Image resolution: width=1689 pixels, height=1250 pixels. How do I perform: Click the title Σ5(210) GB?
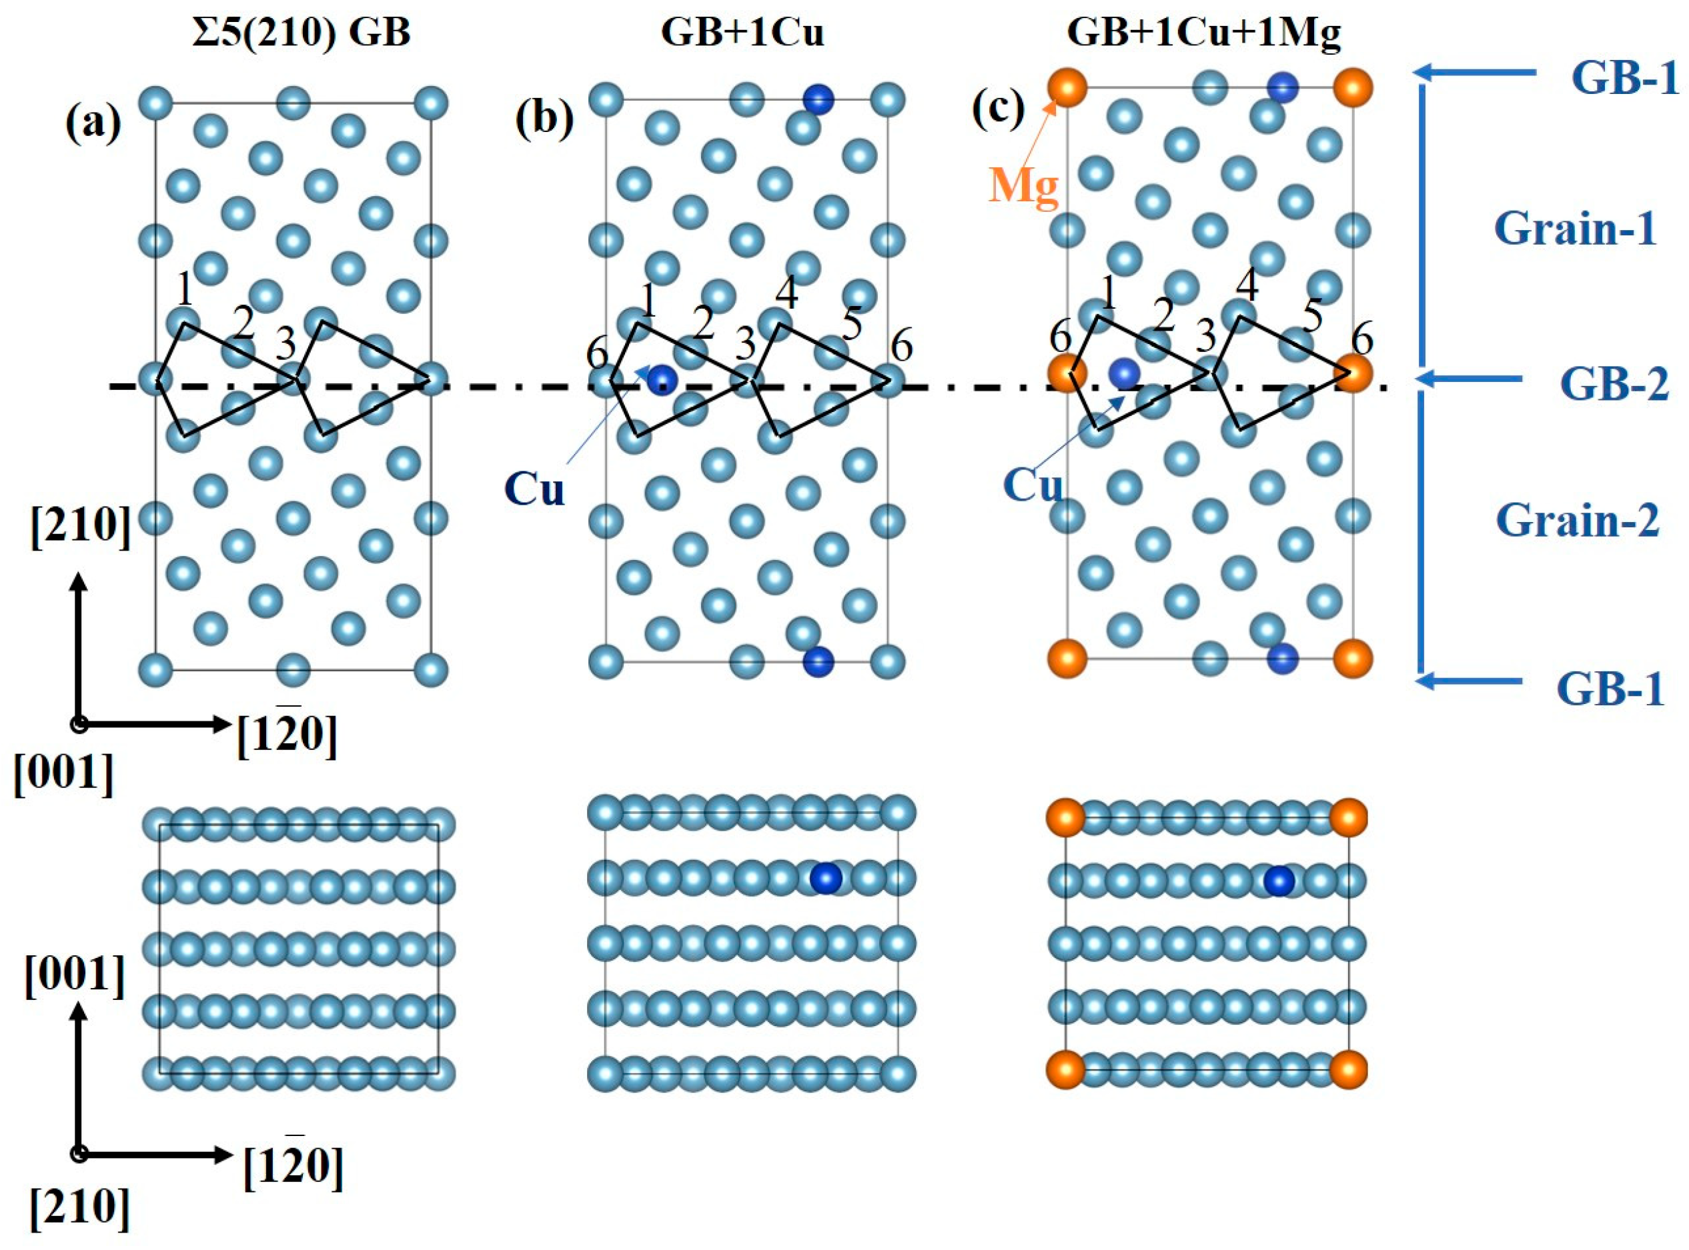pos(301,33)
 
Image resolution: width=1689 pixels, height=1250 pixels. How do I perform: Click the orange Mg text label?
pos(1023,185)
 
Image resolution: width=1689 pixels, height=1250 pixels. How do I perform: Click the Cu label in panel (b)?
pos(534,489)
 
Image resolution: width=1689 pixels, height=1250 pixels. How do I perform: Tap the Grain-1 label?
pos(1575,229)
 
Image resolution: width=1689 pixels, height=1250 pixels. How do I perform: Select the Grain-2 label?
pos(1577,521)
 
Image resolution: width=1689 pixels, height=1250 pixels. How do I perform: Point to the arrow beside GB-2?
pos(1469,378)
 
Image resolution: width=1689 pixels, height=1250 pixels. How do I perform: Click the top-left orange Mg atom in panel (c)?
pos(1067,88)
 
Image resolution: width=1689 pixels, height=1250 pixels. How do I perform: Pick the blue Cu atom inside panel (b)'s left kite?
pos(662,379)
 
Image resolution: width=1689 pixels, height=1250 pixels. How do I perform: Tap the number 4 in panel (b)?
pos(786,293)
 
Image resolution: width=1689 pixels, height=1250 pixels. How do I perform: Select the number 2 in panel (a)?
pos(243,325)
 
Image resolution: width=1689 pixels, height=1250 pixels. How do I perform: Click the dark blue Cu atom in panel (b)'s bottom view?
pos(825,879)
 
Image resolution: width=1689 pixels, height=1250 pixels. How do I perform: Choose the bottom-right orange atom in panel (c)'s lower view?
pos(1348,1070)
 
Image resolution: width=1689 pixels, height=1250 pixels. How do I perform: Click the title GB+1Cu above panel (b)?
pos(742,33)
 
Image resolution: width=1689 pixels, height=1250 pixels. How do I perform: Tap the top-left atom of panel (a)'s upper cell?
pos(157,102)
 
